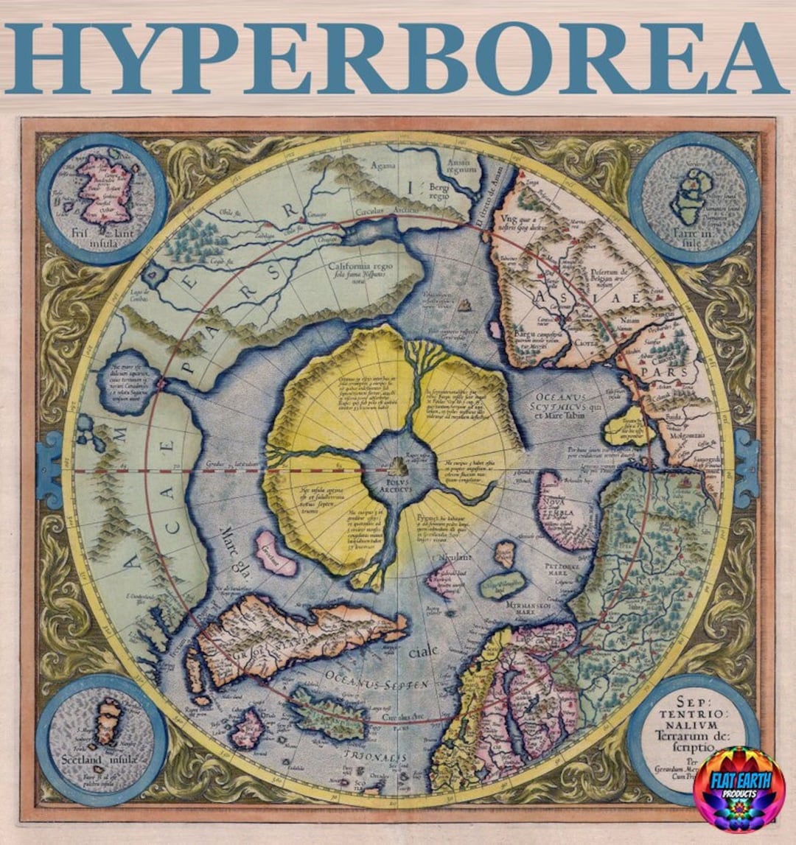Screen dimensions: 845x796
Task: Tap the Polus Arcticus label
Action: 399,487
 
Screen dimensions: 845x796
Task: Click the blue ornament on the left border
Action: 49,469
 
